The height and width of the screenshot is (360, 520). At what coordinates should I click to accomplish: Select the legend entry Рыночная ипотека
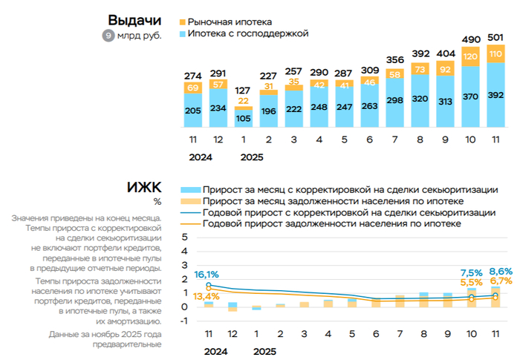(230, 22)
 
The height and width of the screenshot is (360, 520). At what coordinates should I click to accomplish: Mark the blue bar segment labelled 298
(396, 100)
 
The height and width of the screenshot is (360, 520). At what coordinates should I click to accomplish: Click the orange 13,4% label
(205, 297)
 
